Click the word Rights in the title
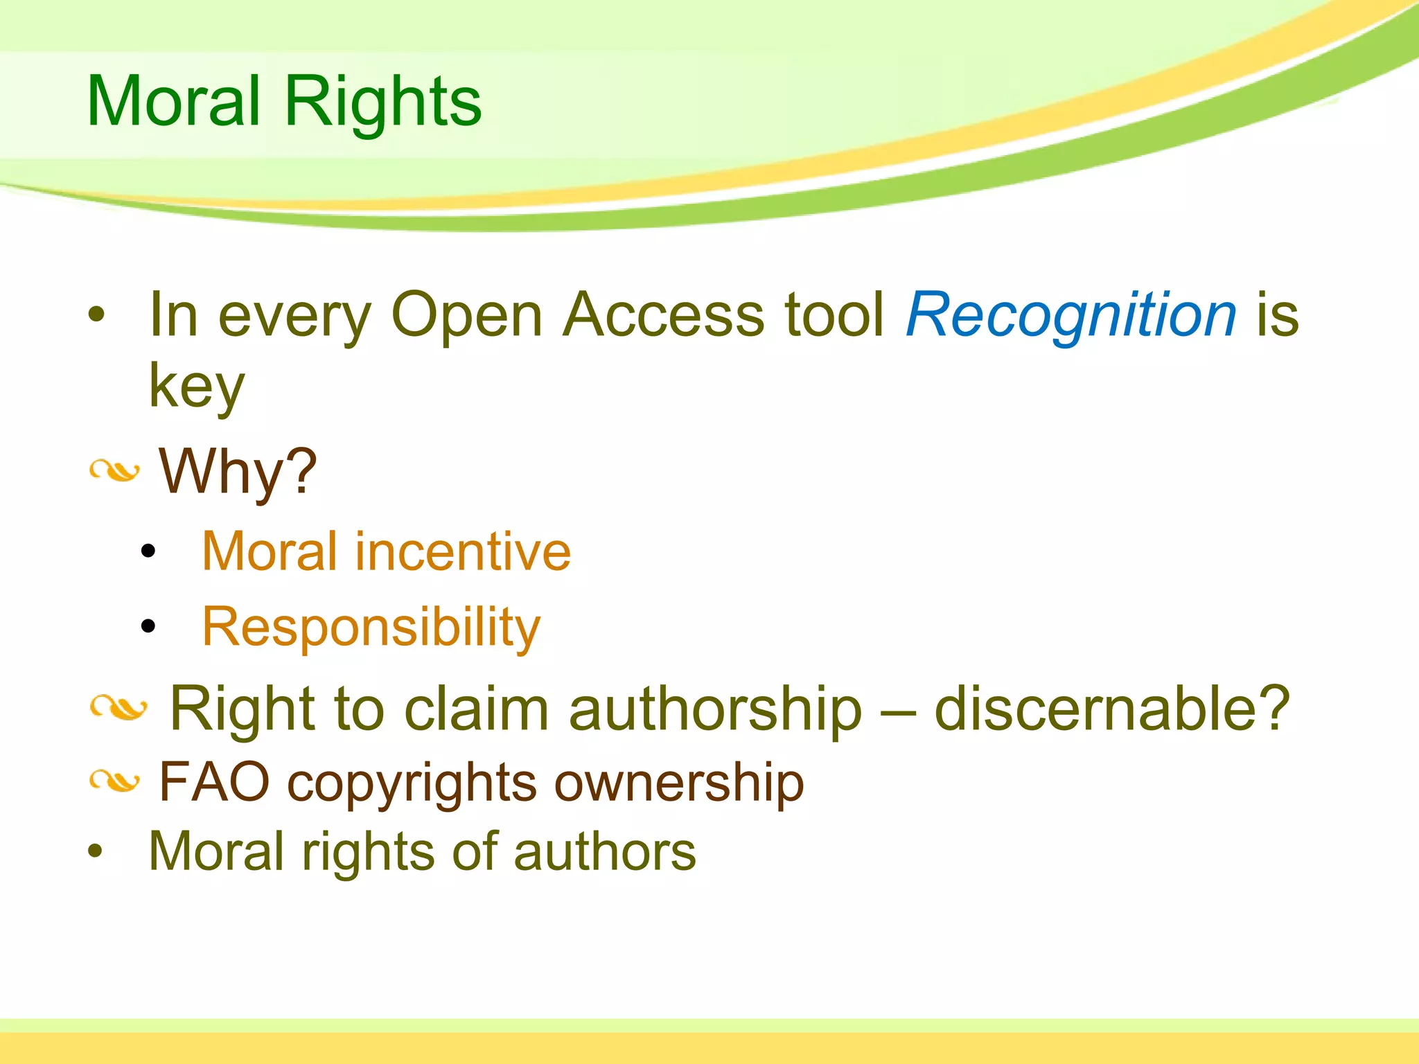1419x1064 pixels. click(382, 102)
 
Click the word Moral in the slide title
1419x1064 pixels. click(173, 102)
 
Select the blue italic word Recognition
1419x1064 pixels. click(1071, 315)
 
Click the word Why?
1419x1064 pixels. click(238, 472)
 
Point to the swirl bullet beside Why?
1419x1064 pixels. click(115, 472)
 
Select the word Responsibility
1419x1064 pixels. click(371, 627)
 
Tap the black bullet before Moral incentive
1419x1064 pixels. click(148, 551)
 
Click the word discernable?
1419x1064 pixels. click(1111, 709)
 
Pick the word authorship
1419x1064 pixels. click(715, 709)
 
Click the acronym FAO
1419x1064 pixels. click(214, 783)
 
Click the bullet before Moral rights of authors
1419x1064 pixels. click(96, 852)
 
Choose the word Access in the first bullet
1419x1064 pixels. click(663, 315)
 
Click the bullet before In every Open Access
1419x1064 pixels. click(96, 315)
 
